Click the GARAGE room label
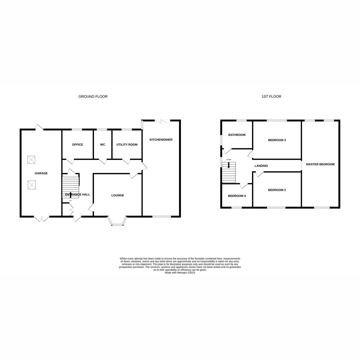point(41,173)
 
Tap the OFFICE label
point(77,145)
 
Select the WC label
point(103,145)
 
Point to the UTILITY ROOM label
point(127,145)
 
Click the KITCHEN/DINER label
point(161,140)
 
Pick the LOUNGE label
point(118,195)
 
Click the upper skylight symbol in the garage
point(31,160)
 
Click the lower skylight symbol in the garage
point(31,184)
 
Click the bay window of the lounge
point(117,221)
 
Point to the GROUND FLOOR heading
point(93,97)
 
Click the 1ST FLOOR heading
point(271,97)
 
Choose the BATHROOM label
point(237,135)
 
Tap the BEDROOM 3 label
point(277,140)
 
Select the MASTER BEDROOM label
point(320,164)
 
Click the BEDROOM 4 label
point(237,196)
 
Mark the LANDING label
point(261,166)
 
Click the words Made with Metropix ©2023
point(180,273)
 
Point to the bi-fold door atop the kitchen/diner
point(162,121)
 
